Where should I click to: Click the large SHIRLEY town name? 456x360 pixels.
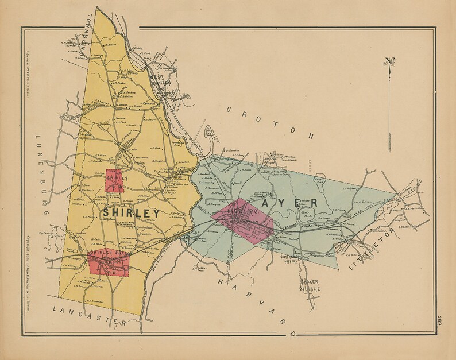(x=131, y=213)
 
